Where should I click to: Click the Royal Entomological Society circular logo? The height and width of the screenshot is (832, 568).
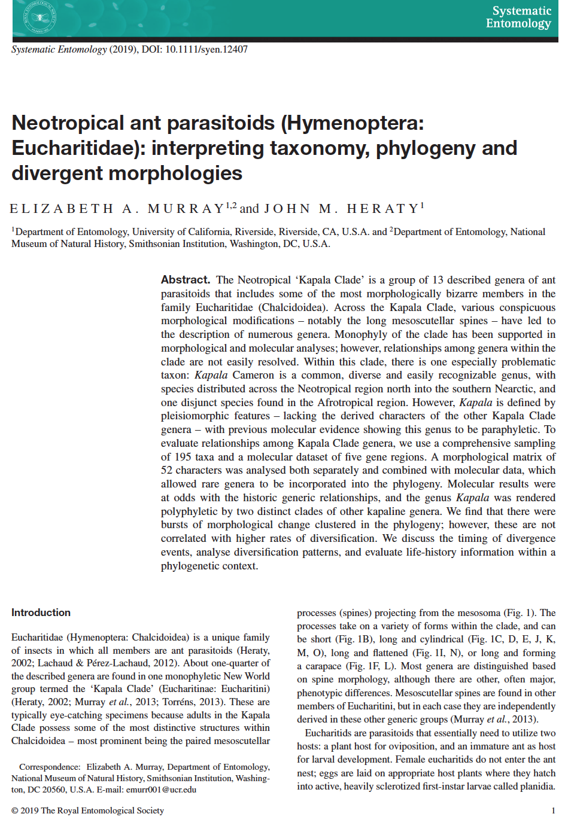pyautogui.click(x=40, y=17)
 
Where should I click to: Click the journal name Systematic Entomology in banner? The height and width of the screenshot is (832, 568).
pyautogui.click(x=518, y=17)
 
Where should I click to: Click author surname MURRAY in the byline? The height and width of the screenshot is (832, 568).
pyautogui.click(x=186, y=209)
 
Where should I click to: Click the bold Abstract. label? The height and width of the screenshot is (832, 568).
pyautogui.click(x=186, y=280)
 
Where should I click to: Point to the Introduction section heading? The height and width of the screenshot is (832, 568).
pyautogui.click(x=41, y=612)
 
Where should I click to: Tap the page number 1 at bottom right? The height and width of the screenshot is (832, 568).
pyautogui.click(x=553, y=810)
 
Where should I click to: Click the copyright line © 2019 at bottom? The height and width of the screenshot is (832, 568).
pyautogui.click(x=87, y=810)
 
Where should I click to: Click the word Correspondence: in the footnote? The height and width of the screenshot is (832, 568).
pyautogui.click(x=50, y=767)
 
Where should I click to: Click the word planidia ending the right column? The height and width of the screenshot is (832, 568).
pyautogui.click(x=537, y=786)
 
